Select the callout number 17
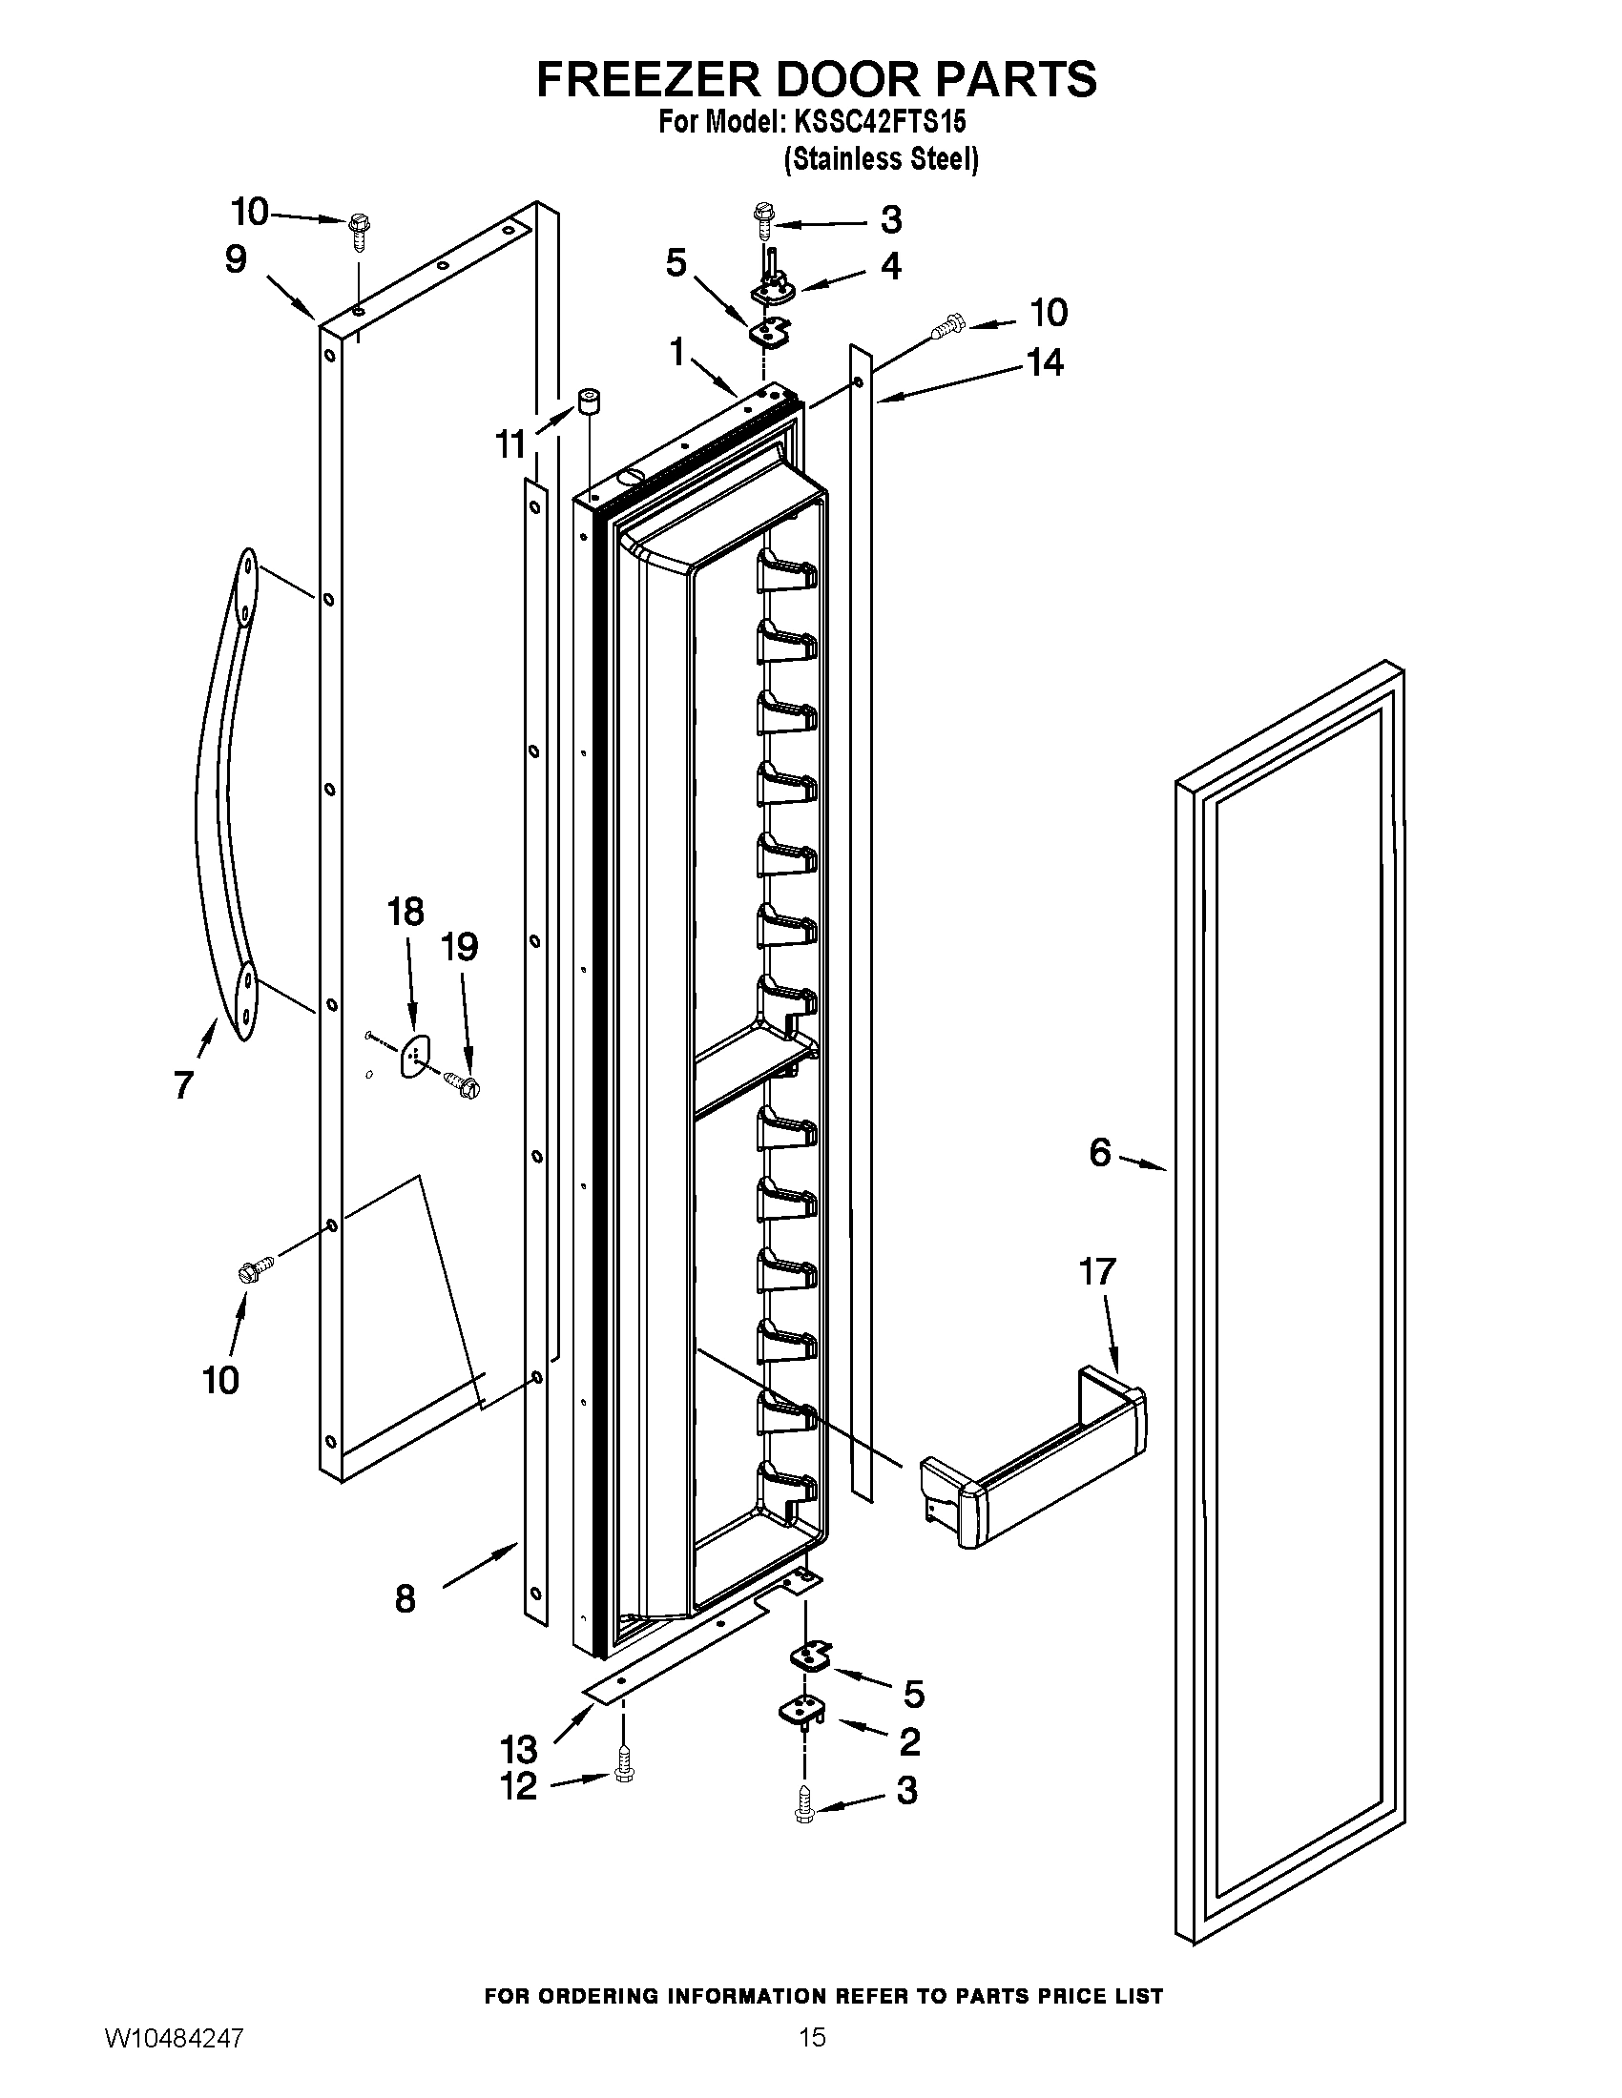point(1097,1271)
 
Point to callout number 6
point(1100,1152)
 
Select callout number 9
point(236,259)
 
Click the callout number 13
point(518,1748)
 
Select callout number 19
point(459,947)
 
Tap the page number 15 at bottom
point(812,2038)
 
